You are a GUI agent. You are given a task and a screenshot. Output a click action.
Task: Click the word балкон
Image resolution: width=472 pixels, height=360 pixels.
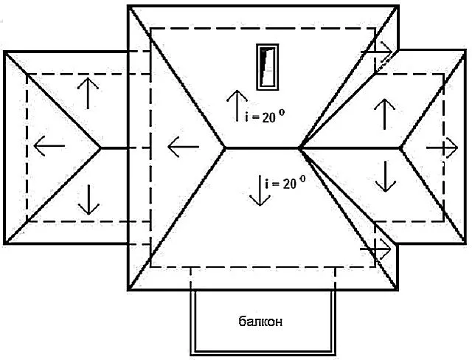click(260, 322)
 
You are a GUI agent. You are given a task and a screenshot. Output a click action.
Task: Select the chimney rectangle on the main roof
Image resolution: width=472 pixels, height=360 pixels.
click(267, 67)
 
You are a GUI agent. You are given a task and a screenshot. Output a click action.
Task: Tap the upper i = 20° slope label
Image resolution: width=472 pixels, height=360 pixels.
click(265, 117)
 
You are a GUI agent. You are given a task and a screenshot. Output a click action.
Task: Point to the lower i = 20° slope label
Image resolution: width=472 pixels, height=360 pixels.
click(285, 183)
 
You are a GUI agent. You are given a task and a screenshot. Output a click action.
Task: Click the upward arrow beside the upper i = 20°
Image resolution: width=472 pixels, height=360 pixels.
click(237, 105)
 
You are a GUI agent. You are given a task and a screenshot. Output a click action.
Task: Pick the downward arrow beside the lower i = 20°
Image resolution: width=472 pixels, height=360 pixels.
click(260, 190)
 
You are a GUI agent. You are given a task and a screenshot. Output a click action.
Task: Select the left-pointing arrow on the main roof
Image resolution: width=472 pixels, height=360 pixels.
click(184, 147)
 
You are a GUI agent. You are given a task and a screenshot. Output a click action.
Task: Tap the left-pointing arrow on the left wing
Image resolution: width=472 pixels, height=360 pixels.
click(49, 146)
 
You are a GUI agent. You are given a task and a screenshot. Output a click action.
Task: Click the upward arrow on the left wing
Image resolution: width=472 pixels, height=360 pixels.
click(88, 93)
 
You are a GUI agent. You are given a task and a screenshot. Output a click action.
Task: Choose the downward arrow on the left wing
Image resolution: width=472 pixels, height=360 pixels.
click(88, 200)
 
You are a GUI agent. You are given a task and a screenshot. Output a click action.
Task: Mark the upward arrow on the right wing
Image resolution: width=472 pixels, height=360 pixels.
click(384, 114)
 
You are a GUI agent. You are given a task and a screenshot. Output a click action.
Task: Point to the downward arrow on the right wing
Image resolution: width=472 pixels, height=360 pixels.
click(386, 176)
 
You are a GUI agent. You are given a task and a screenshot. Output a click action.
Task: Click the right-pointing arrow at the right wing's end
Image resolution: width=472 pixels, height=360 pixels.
click(442, 148)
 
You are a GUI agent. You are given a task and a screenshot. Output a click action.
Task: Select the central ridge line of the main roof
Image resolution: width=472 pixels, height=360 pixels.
click(262, 148)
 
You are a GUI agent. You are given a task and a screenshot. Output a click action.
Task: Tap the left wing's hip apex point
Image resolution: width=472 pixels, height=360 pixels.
click(101, 148)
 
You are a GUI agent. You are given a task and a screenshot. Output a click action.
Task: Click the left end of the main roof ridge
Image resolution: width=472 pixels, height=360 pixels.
click(224, 148)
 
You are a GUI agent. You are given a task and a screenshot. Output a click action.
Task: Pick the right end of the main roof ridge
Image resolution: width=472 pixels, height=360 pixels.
click(299, 148)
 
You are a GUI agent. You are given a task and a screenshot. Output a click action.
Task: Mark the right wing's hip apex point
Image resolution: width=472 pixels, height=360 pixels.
click(400, 148)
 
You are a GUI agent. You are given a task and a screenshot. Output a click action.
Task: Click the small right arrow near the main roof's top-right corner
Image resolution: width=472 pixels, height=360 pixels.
click(377, 52)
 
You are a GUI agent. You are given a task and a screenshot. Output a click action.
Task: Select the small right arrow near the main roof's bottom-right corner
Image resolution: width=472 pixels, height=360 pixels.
click(375, 249)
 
